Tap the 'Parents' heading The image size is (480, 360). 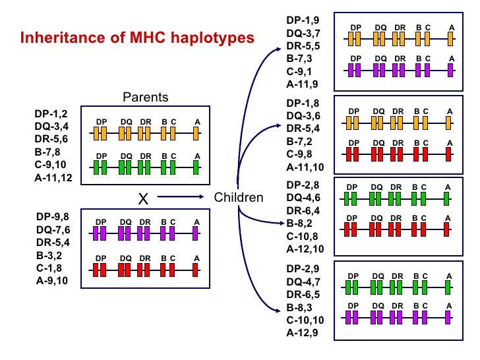click(x=146, y=98)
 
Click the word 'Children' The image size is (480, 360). click(x=239, y=197)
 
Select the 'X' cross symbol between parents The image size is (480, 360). click(x=141, y=198)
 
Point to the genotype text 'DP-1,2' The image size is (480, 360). click(x=51, y=113)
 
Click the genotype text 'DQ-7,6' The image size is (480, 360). click(x=53, y=229)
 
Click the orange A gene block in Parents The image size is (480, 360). click(x=196, y=134)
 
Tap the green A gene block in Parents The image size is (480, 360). click(x=196, y=167)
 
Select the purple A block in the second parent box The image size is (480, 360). click(x=196, y=233)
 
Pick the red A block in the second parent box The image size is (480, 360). click(x=196, y=269)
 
